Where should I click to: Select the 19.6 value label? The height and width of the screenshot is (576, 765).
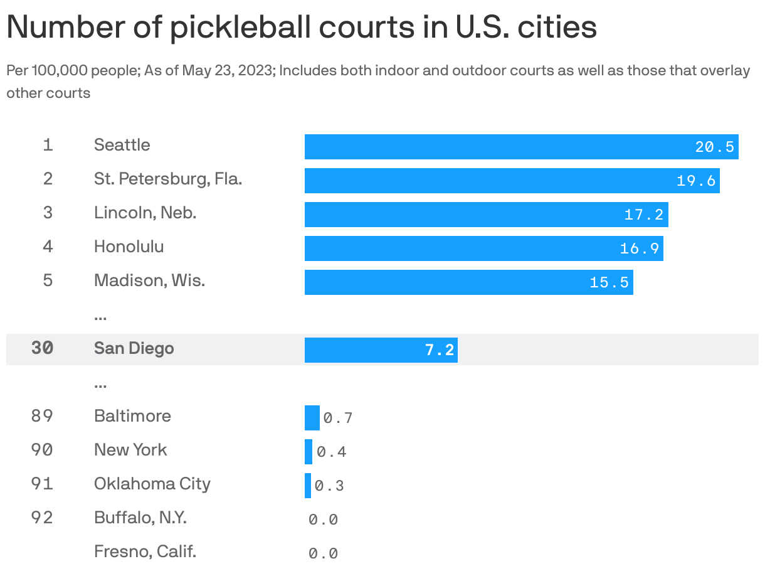(696, 181)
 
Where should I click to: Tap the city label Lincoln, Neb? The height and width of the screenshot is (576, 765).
(145, 213)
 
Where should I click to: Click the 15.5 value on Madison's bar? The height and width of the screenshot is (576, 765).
(609, 282)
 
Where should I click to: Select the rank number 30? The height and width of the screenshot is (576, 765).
(42, 348)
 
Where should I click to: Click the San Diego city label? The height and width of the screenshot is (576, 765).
(134, 348)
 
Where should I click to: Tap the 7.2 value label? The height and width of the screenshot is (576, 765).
(439, 350)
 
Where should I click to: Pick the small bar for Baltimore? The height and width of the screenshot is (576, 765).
(312, 418)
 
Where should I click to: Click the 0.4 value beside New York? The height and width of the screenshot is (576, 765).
(331, 452)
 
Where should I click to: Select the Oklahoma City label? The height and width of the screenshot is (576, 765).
(152, 484)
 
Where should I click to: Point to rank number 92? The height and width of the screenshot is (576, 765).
(42, 518)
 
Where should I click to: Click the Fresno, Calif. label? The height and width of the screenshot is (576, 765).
(145, 552)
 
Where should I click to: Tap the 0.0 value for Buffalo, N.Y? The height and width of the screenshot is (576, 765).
(323, 520)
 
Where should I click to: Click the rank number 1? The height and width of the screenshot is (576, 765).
(48, 145)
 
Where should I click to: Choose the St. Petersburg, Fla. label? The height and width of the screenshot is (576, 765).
(168, 179)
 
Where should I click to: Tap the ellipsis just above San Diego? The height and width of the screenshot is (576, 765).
(100, 316)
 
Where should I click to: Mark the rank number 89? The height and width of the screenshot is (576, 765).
(42, 416)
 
